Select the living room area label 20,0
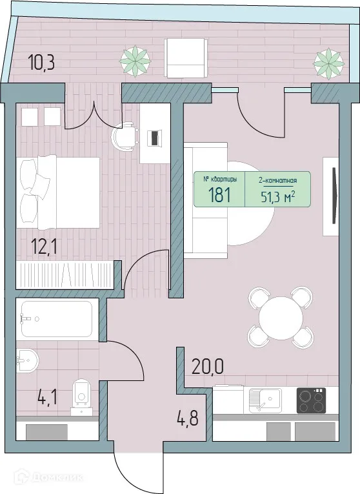pos(208,366)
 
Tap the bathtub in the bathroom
pos(55,319)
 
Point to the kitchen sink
pos(264,400)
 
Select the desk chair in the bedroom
pos(125,136)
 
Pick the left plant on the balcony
pos(135,60)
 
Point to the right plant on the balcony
pos(327,61)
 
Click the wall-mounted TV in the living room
pos(334,195)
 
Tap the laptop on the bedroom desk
pos(154,138)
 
